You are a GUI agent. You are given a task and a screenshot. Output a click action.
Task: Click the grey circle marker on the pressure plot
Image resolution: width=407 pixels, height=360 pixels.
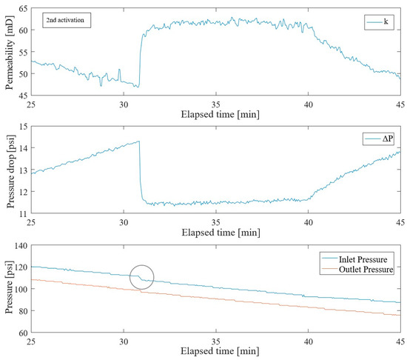coord(141,277)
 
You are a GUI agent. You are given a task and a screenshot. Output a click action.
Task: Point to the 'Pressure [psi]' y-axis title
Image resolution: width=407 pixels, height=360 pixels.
coord(8,291)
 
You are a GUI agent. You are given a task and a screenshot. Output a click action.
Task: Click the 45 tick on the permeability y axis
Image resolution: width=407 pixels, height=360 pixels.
coord(21,96)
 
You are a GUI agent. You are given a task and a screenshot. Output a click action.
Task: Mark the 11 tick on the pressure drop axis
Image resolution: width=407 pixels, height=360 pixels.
coord(21,214)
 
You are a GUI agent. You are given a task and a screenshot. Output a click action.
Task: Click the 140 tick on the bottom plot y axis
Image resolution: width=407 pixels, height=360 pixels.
coord(19,245)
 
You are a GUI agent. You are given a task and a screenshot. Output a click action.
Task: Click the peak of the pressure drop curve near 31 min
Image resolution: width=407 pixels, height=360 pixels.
coord(138,141)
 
